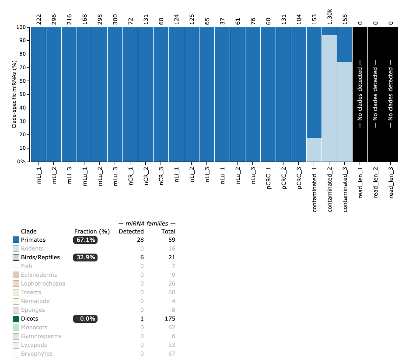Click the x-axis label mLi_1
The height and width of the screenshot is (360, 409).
click(38, 175)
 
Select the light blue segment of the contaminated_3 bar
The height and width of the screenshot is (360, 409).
click(345, 112)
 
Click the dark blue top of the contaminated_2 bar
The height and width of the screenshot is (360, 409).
click(329, 31)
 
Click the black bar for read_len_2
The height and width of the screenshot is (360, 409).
click(375, 94)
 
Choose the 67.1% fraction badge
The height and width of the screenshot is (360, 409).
click(85, 240)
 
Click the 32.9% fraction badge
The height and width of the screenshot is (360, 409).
click(85, 258)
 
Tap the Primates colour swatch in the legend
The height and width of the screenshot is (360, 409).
click(16, 240)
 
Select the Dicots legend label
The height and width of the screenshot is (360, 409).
click(29, 319)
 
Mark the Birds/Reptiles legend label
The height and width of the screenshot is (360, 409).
click(40, 258)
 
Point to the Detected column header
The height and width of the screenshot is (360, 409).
click(131, 232)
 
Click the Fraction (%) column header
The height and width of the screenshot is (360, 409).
click(92, 232)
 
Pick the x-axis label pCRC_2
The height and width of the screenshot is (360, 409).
click(283, 176)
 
